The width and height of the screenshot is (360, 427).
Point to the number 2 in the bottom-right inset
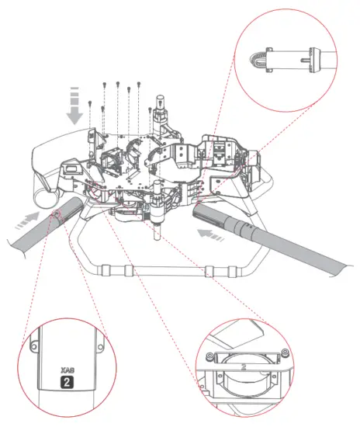[x=245, y=362]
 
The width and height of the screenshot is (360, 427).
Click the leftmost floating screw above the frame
[x=91, y=103]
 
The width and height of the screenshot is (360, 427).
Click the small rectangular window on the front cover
[x=68, y=167]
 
